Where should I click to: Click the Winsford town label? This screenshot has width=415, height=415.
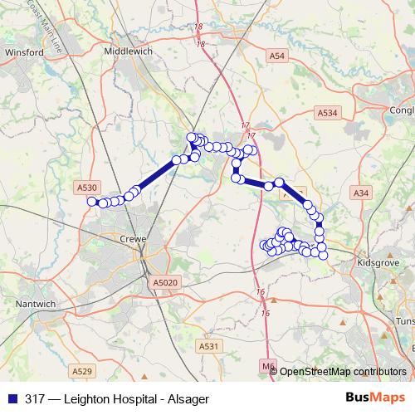point(24,51)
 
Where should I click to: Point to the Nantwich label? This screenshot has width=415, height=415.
point(36,304)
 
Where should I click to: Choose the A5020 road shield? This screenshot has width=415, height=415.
point(165,283)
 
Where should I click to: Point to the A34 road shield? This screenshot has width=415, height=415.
point(360,193)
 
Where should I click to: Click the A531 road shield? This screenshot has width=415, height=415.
point(208,345)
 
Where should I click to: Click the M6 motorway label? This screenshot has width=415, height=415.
point(266,364)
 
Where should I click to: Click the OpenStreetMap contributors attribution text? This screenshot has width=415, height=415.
point(343,371)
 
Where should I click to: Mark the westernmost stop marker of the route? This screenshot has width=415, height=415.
point(91,200)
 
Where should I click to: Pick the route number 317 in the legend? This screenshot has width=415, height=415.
point(35,398)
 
